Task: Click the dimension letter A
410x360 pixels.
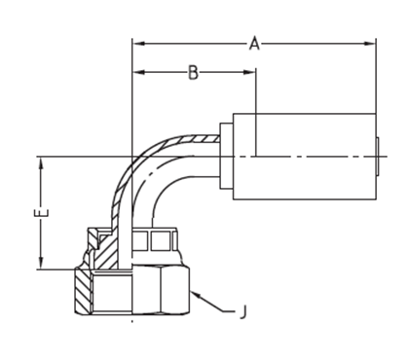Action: (x=255, y=44)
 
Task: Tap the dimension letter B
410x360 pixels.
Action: (x=193, y=73)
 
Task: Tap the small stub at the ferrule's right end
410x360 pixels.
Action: (x=379, y=155)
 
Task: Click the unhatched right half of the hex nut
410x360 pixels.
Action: (x=162, y=291)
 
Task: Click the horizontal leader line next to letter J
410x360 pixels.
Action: (x=227, y=311)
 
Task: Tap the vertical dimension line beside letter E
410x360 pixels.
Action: (x=41, y=234)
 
